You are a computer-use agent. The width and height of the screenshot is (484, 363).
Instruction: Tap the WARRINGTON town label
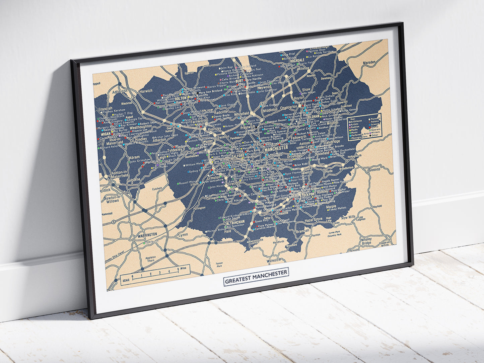coord(147,234)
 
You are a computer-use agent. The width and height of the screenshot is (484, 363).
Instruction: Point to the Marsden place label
coord(369,63)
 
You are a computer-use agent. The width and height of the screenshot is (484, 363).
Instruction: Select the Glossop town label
coord(374,169)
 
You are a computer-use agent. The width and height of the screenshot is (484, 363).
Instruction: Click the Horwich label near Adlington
coord(146,90)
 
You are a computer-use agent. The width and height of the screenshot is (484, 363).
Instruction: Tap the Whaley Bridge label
coord(366,241)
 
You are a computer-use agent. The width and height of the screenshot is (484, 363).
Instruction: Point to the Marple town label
coord(331,207)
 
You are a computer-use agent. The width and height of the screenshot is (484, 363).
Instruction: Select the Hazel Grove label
coord(313,220)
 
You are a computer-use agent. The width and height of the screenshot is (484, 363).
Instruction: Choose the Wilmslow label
coord(274,260)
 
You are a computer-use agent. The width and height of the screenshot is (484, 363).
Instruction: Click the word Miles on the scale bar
coord(183,268)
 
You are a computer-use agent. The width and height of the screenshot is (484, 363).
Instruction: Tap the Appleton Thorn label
coord(151,259)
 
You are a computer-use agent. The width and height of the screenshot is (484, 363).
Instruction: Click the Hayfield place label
coord(377,207)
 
